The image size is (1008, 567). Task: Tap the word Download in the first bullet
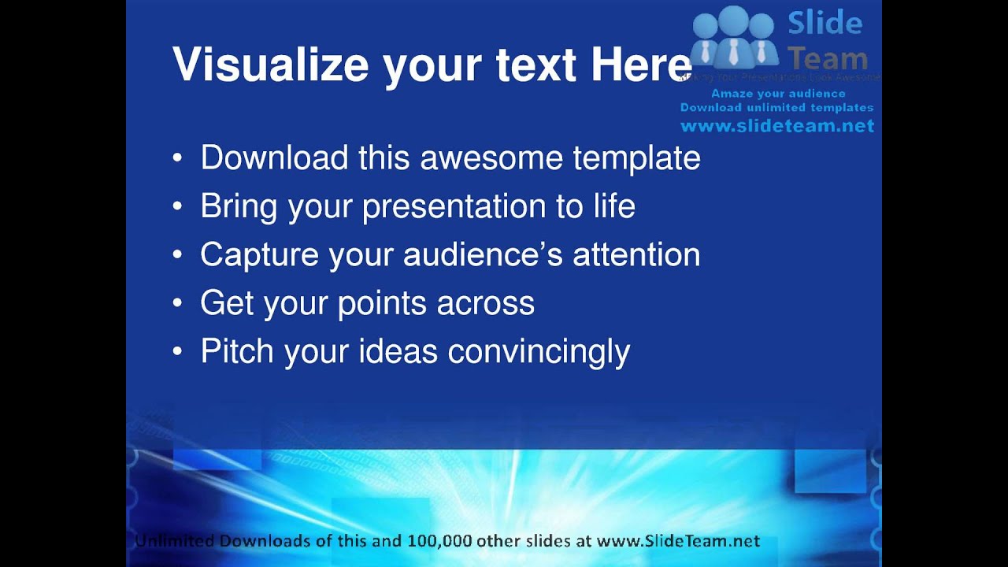pyautogui.click(x=274, y=157)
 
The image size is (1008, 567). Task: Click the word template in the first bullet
pyautogui.click(x=636, y=158)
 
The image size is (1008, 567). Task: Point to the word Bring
pyautogui.click(x=239, y=206)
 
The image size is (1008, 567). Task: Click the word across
pyautogui.click(x=486, y=303)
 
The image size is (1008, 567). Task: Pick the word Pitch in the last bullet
pyautogui.click(x=238, y=351)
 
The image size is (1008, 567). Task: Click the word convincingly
pyautogui.click(x=539, y=352)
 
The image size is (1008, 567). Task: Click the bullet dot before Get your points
pyautogui.click(x=177, y=304)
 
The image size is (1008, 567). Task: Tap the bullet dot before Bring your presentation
pyautogui.click(x=177, y=207)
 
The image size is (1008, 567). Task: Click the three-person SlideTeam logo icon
pyautogui.click(x=733, y=39)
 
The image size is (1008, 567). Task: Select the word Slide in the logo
pyautogui.click(x=825, y=23)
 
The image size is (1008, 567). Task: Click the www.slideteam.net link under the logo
pyautogui.click(x=776, y=126)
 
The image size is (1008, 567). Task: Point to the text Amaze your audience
pyautogui.click(x=778, y=94)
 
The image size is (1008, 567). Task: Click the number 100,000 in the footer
pyautogui.click(x=439, y=541)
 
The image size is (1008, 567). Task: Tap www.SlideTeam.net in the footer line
pyautogui.click(x=678, y=541)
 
